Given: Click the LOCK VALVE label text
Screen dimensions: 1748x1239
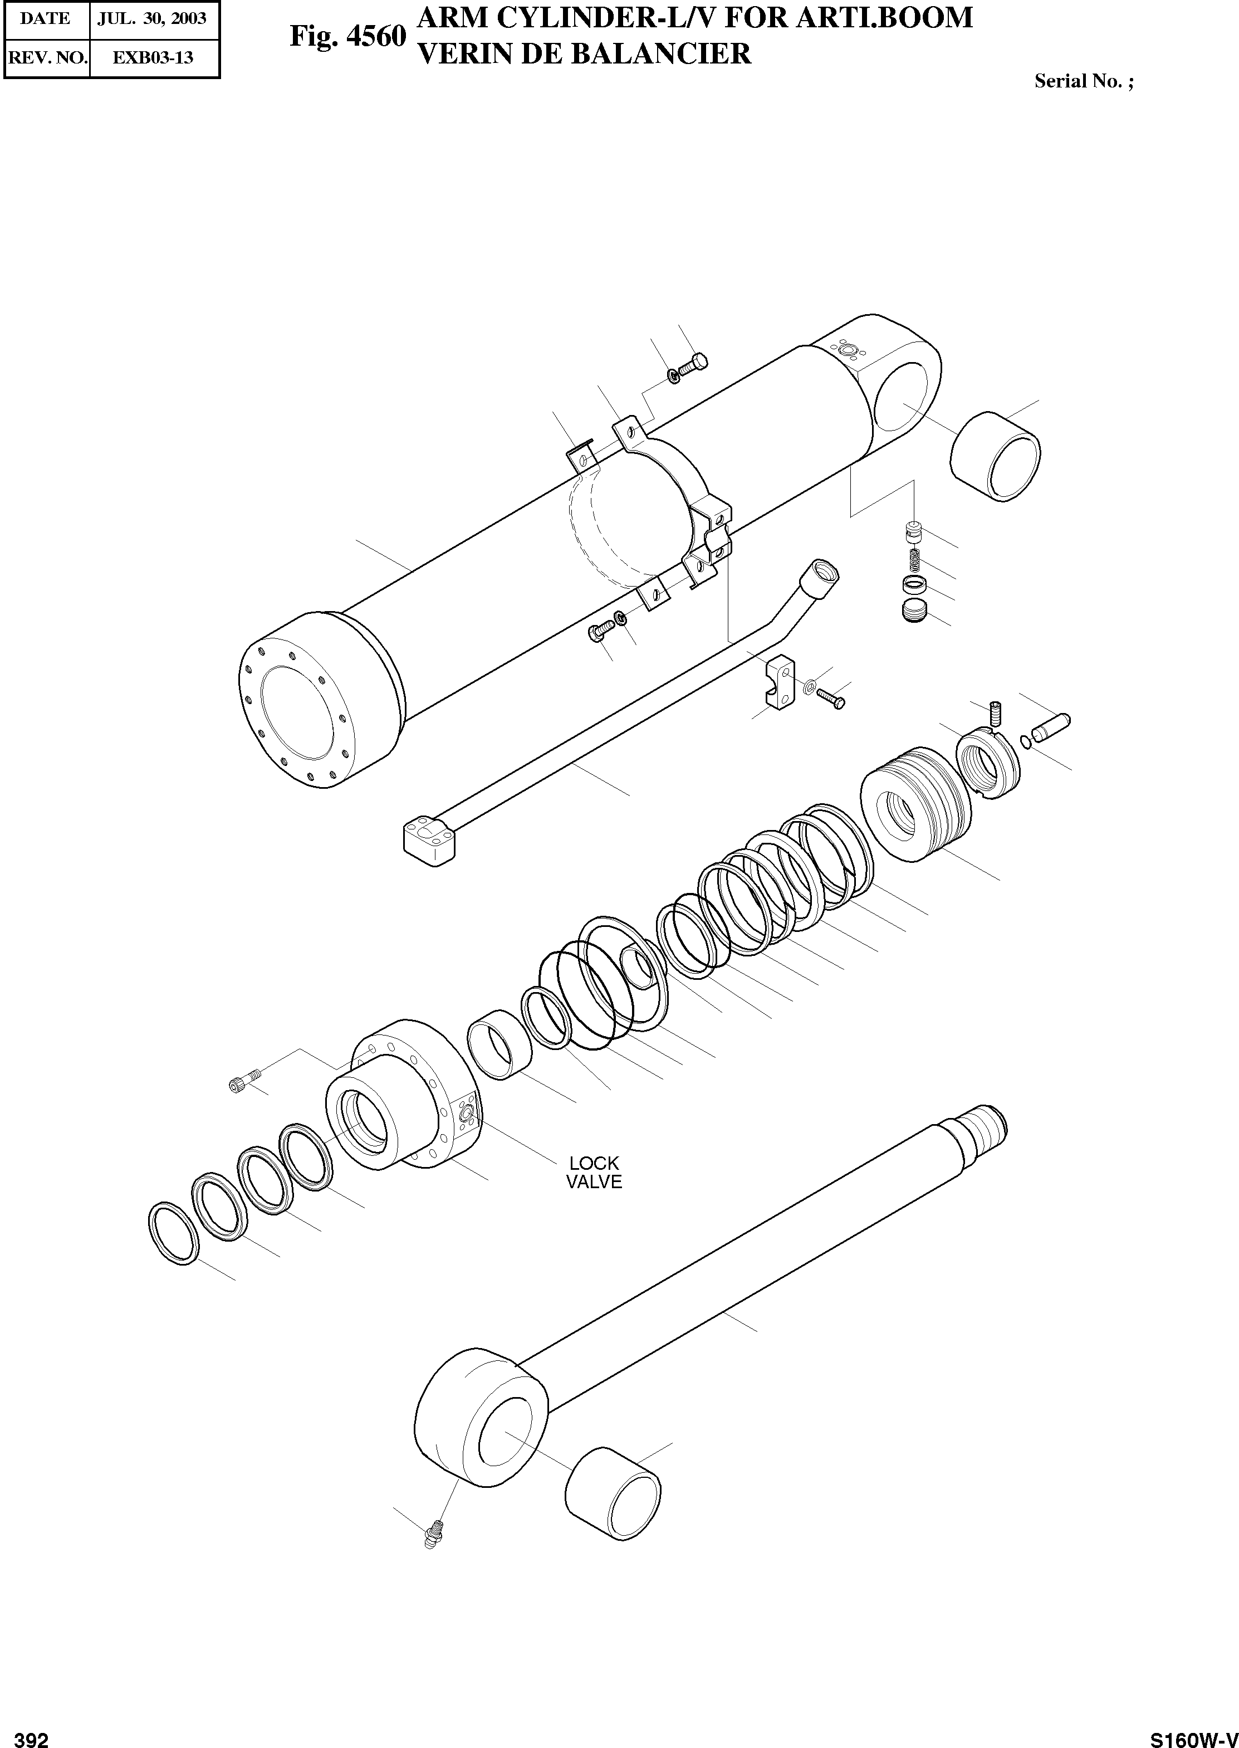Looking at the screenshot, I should (594, 1173).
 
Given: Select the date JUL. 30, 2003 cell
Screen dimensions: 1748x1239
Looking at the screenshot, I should (152, 18).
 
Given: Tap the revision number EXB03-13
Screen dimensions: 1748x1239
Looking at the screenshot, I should (153, 58).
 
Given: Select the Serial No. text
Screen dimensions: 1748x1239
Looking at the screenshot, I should (1083, 82).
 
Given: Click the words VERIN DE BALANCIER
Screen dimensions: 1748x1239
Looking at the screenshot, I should (585, 54).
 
